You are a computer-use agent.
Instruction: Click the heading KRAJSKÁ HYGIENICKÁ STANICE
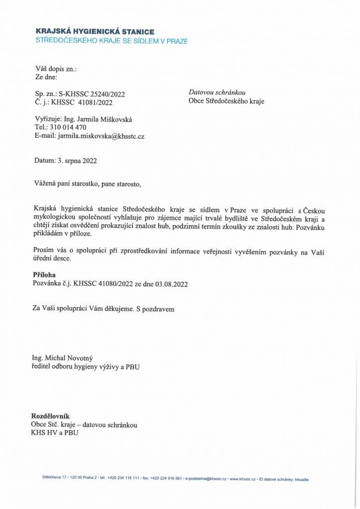pos(94,32)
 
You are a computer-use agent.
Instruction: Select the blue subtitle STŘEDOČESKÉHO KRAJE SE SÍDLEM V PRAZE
pos(111,41)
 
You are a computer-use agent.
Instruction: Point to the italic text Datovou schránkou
pos(217,92)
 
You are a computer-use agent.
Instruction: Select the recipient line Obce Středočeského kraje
pos(226,101)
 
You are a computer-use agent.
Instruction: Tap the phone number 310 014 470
pos(68,127)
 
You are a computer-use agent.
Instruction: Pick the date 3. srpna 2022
pos(77,161)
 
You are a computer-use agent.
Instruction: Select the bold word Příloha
pos(44,274)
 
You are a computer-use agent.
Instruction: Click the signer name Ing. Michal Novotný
pos(62,358)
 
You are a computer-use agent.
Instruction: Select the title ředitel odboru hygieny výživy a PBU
pos(86,367)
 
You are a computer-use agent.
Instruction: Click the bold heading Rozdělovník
pos(50,416)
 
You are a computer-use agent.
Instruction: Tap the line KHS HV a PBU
pos(54,432)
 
